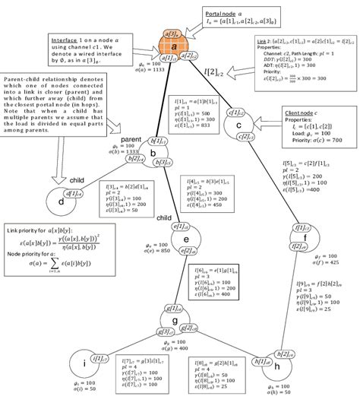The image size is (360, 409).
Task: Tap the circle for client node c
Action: point(238,125)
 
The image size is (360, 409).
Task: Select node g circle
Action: point(174,320)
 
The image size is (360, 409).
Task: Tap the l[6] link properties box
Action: point(224,286)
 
